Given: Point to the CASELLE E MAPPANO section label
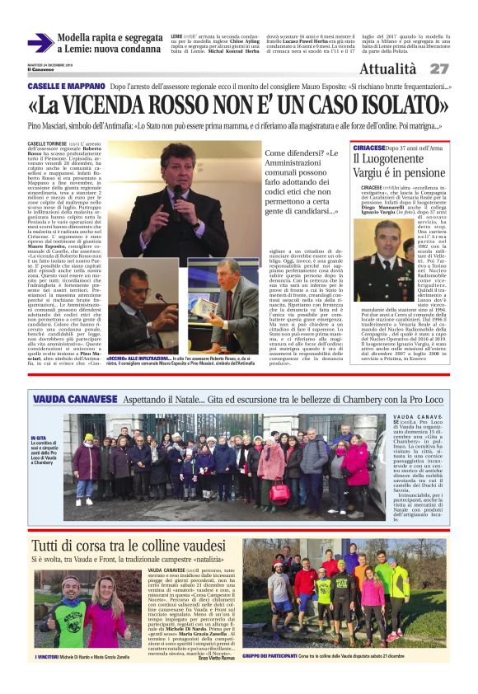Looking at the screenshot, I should click(64, 86).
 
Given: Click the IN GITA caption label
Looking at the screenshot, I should click(39, 438).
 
